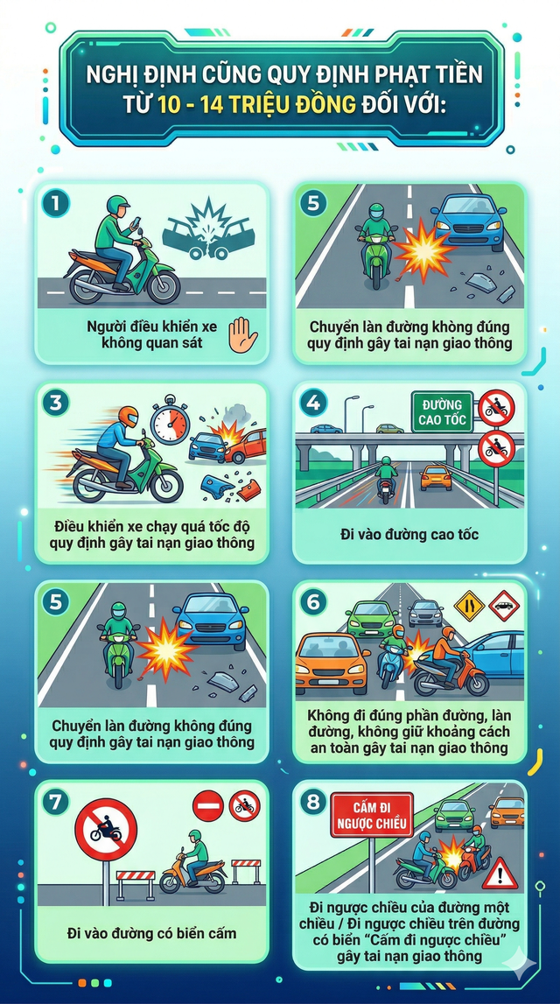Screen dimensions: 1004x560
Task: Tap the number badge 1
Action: click(58, 204)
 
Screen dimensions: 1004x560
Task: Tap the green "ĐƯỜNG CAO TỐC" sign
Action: click(441, 411)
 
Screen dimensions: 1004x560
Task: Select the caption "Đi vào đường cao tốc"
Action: click(409, 534)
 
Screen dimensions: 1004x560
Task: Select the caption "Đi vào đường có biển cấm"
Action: click(152, 933)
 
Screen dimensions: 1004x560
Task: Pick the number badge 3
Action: click(58, 404)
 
